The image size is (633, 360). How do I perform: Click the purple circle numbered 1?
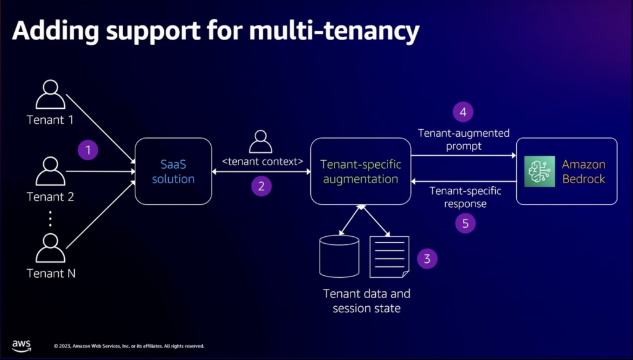click(x=88, y=150)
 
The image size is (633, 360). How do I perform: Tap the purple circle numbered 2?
click(x=261, y=186)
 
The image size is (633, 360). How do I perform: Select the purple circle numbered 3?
click(x=427, y=258)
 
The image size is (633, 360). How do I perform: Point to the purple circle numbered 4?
click(x=462, y=112)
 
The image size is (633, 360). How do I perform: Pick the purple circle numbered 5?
click(x=465, y=223)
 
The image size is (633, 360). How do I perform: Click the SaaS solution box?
click(x=174, y=171)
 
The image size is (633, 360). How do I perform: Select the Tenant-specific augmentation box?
click(x=360, y=171)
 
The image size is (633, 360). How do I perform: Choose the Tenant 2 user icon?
click(x=50, y=171)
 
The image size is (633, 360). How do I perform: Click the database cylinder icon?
click(x=339, y=255)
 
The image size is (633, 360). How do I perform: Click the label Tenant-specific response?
click(x=465, y=197)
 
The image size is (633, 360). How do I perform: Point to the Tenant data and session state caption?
click(x=367, y=301)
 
